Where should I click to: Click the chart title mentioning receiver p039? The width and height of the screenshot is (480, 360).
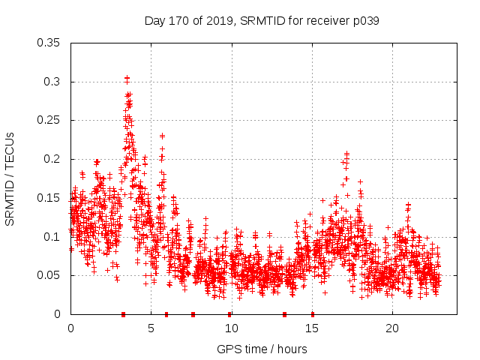(x=261, y=21)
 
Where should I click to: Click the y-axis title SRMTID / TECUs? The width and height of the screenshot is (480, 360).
(x=10, y=178)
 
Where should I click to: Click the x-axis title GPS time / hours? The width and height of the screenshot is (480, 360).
(x=261, y=349)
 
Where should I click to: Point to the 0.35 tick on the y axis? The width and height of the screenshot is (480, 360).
(x=50, y=43)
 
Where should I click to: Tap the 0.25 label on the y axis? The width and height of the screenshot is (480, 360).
(x=50, y=120)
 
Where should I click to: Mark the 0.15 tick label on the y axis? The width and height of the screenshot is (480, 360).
(x=50, y=198)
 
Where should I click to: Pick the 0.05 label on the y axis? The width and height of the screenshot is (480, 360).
(x=50, y=275)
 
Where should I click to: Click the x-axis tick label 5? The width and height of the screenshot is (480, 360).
(x=151, y=328)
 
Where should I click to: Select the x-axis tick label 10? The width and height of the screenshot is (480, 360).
(x=231, y=328)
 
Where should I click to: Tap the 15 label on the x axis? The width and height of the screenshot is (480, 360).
(x=311, y=328)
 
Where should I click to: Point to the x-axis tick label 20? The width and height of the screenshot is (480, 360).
(x=391, y=328)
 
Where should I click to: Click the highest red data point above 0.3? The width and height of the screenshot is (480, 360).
(x=127, y=78)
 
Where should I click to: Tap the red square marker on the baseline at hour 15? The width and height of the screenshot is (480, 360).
(x=312, y=313)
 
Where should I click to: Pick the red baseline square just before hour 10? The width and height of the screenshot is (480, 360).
(x=229, y=313)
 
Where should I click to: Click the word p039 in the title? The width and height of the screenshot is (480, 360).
(x=363, y=21)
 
